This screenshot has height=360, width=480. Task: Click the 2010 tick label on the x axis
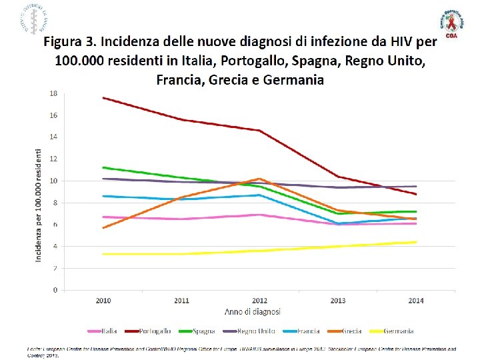[x=103, y=301]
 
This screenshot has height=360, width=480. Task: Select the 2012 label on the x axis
[x=259, y=301]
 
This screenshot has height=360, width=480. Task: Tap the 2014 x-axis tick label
[x=416, y=301]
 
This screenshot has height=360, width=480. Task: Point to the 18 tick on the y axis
[x=53, y=93]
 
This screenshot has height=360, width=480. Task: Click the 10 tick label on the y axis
[x=53, y=181]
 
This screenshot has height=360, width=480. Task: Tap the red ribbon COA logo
[x=453, y=27]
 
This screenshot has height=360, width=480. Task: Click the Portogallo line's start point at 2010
[x=103, y=98]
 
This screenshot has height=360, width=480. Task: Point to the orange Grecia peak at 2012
[x=260, y=179]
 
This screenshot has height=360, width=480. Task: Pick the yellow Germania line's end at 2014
[x=416, y=242]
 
